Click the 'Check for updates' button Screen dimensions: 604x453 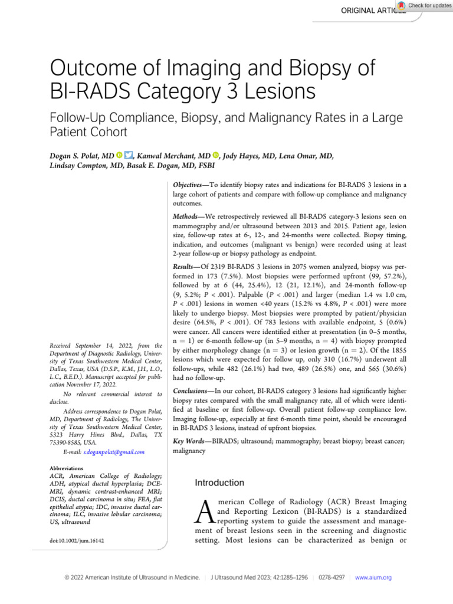tap(425, 5)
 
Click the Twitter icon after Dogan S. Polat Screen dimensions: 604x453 tap(128, 156)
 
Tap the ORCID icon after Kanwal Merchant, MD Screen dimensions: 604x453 tap(216, 156)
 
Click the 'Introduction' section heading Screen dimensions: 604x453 tap(219, 482)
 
